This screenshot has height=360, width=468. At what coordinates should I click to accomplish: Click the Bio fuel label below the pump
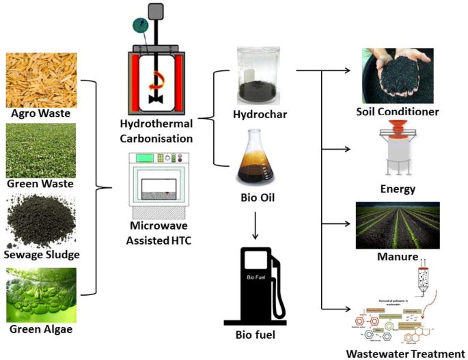(258, 334)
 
